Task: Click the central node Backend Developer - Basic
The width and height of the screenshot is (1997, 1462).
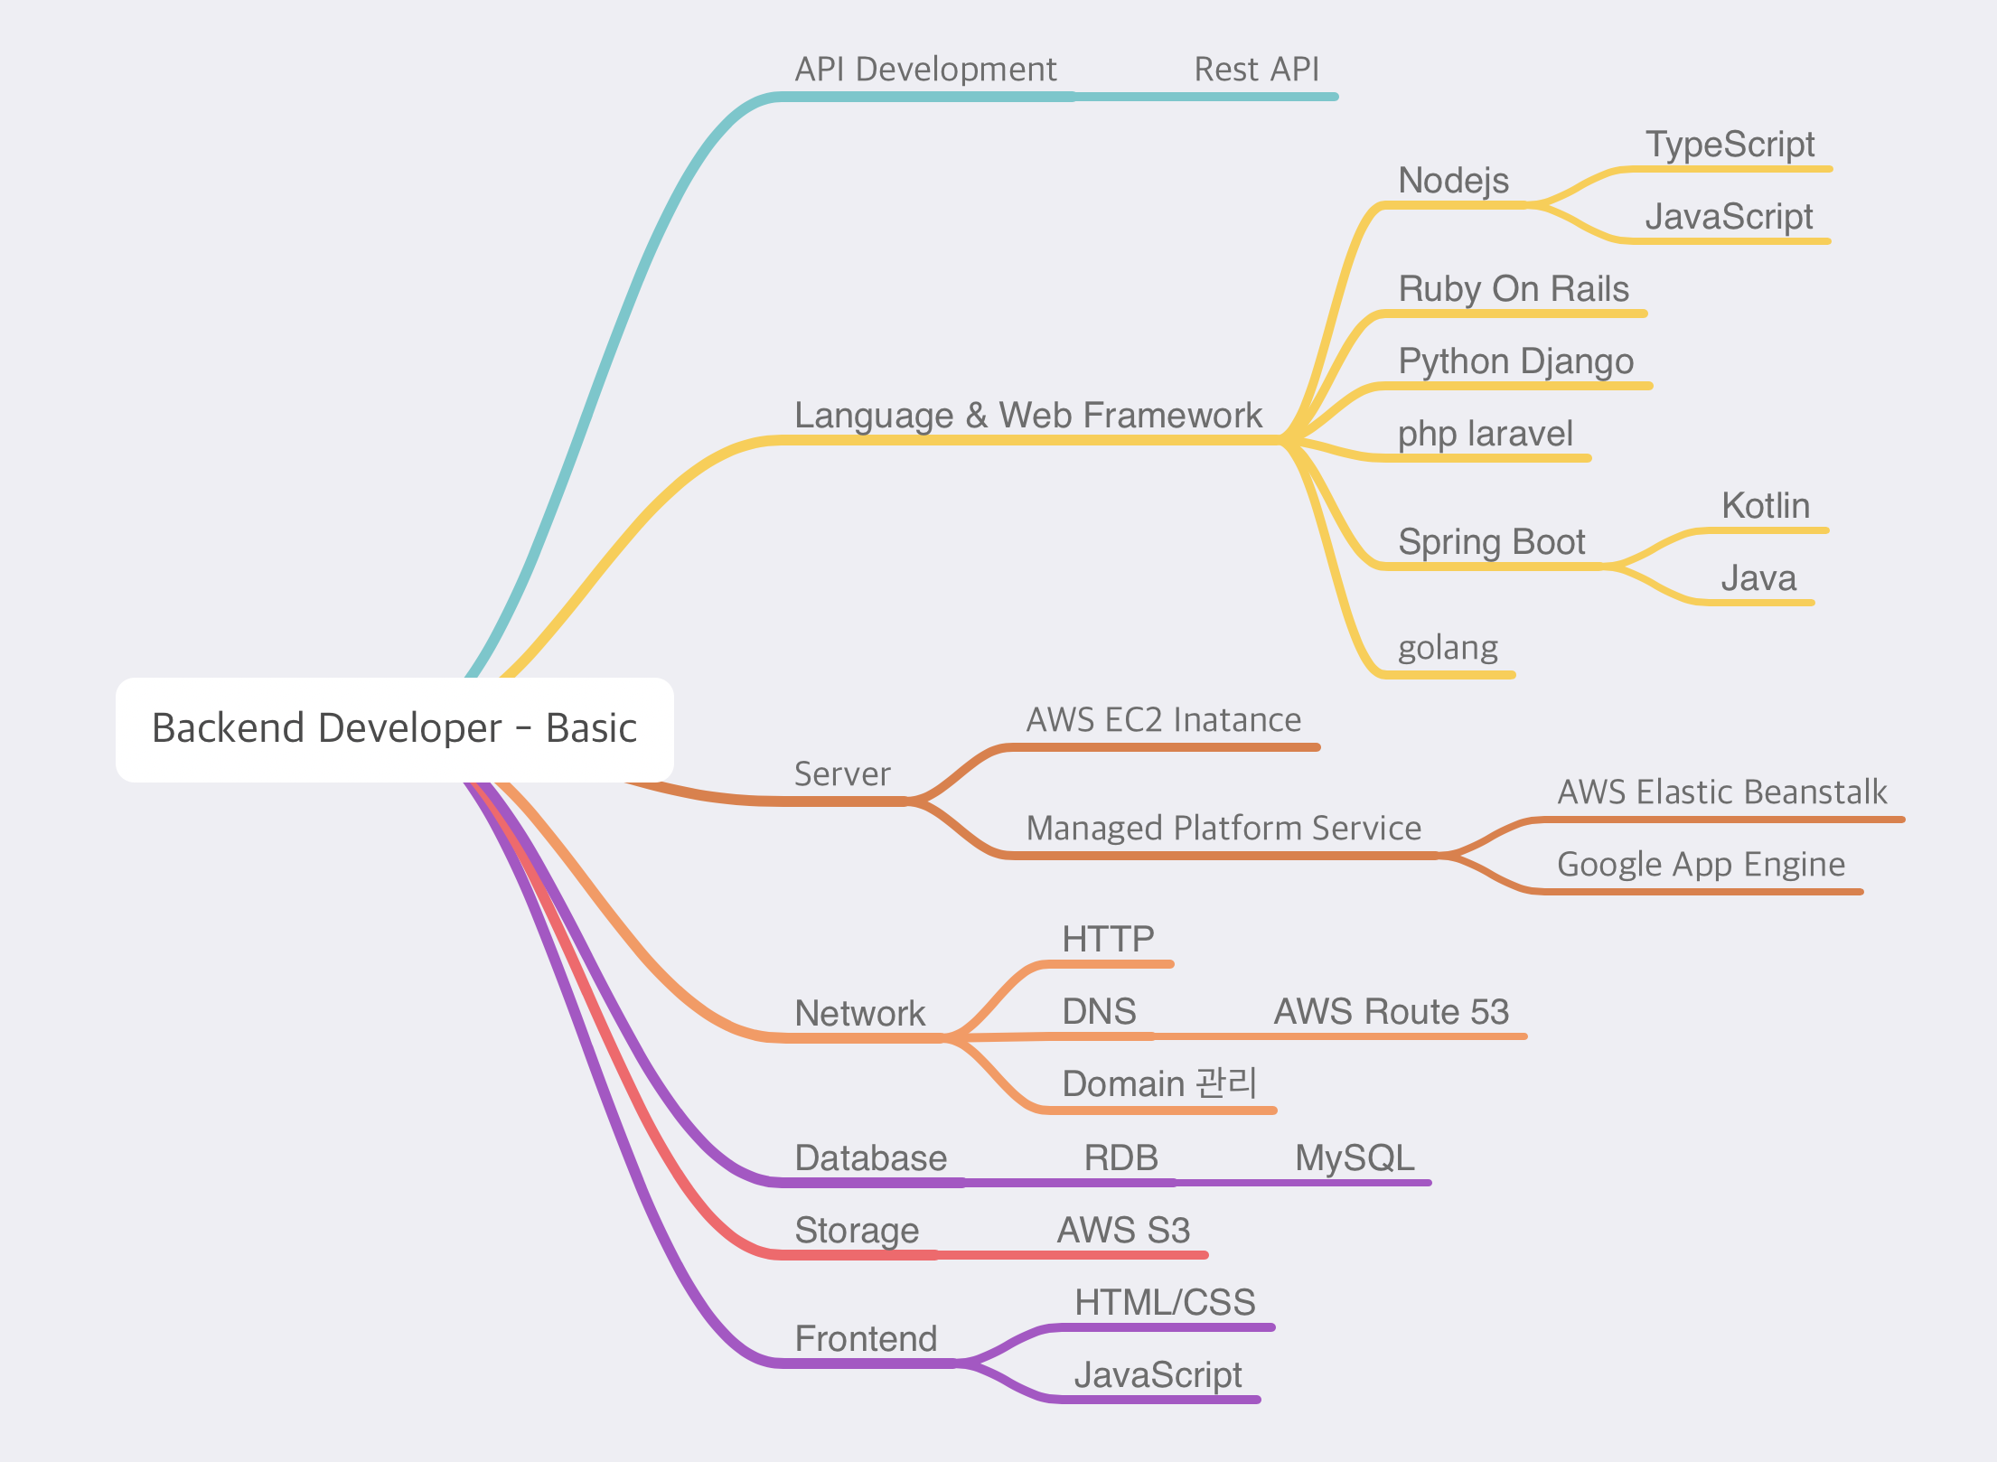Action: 395,729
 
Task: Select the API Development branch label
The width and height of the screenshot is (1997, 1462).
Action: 925,70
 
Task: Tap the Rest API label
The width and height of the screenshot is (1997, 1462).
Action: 1257,70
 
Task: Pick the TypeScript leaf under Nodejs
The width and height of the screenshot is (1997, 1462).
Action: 1730,145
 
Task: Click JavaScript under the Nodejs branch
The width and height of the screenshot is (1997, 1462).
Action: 1729,218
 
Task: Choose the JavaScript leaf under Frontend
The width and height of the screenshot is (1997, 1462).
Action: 1158,1375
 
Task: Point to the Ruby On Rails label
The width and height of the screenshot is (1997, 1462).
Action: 1514,289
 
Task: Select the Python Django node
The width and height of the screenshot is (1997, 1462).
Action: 1516,361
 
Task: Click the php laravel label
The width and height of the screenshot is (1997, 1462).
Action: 1486,435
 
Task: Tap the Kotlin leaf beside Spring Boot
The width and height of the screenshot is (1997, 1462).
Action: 1766,506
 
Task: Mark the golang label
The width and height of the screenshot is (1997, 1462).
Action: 1448,649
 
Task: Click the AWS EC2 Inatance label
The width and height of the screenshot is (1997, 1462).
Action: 1164,720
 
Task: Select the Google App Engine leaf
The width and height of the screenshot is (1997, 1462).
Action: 1701,866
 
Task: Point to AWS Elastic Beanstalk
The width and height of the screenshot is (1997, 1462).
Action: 1722,792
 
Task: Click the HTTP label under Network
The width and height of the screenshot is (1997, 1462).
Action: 1108,940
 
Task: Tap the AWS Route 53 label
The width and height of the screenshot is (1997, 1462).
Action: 1392,1012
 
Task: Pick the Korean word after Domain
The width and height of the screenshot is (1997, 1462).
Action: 1226,1083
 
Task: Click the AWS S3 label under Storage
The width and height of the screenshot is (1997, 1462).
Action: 1123,1231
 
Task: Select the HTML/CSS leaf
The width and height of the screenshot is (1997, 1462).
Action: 1165,1303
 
